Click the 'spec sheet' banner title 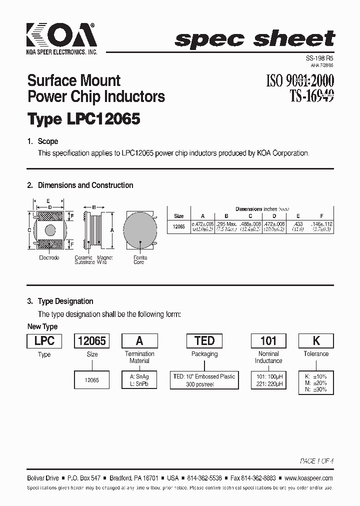click(x=255, y=39)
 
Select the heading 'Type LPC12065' click(x=83, y=119)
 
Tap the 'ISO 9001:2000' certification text click(x=299, y=80)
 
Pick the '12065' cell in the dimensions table click(x=178, y=226)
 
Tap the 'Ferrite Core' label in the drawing click(x=140, y=259)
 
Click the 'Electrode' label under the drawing click(x=49, y=257)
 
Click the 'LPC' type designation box click(x=44, y=341)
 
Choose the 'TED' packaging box click(x=204, y=341)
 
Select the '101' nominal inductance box click(x=268, y=341)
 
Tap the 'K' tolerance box click(x=316, y=341)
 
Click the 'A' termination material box click(x=139, y=341)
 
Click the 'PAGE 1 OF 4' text click(x=316, y=460)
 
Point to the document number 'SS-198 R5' click(x=319, y=58)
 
